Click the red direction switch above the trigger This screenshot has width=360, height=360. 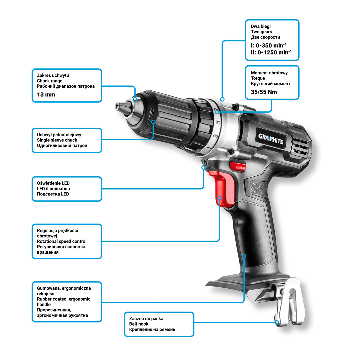coord(238,166)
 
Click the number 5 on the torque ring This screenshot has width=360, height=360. coord(218,122)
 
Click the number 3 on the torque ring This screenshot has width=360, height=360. coord(215,136)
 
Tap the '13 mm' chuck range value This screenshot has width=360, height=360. coord(46,95)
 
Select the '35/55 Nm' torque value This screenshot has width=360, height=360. coord(264,92)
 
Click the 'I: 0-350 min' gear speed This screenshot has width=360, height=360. coord(269,45)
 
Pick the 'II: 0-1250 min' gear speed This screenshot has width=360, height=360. coord(271,52)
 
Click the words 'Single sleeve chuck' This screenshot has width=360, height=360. coord(57,140)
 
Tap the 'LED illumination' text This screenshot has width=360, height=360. coord(53,188)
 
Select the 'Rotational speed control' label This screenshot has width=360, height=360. coord(62,241)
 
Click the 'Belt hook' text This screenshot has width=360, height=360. coord(139,324)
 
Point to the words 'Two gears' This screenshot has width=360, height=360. coord(261,32)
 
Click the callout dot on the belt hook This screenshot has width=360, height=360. coord(277,322)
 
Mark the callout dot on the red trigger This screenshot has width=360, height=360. coord(219,198)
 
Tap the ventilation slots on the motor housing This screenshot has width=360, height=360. coord(299,146)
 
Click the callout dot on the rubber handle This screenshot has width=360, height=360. coord(244,256)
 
